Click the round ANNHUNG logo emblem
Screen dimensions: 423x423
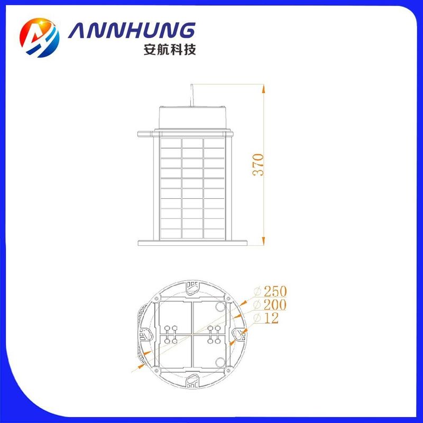coord(39,38)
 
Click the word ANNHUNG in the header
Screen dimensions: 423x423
coord(131,30)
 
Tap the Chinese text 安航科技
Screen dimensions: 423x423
coord(170,49)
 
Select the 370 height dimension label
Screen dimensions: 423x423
coord(258,164)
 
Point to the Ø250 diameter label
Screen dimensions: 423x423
coord(270,291)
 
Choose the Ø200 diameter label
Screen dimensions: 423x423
coord(270,305)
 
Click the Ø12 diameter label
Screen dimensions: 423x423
coord(266,318)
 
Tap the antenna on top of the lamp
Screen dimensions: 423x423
coord(192,95)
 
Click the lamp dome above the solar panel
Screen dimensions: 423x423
coord(192,117)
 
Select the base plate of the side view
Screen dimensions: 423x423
coord(192,243)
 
